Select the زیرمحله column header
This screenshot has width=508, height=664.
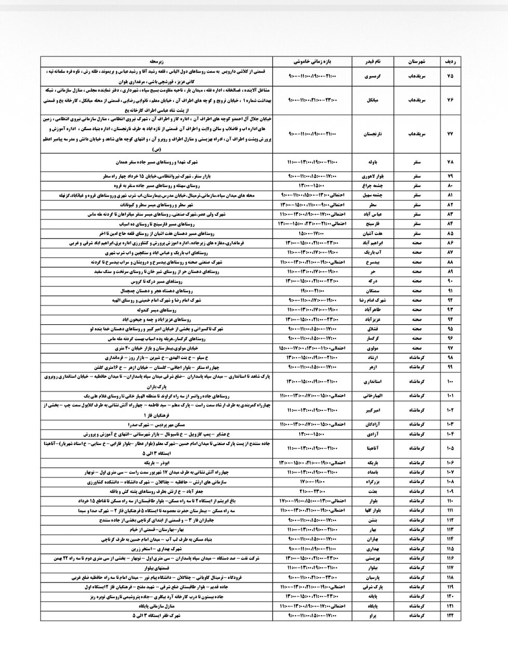coord(157,61)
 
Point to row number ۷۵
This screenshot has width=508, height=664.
coord(450,76)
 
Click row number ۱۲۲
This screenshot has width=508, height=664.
coord(450,615)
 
